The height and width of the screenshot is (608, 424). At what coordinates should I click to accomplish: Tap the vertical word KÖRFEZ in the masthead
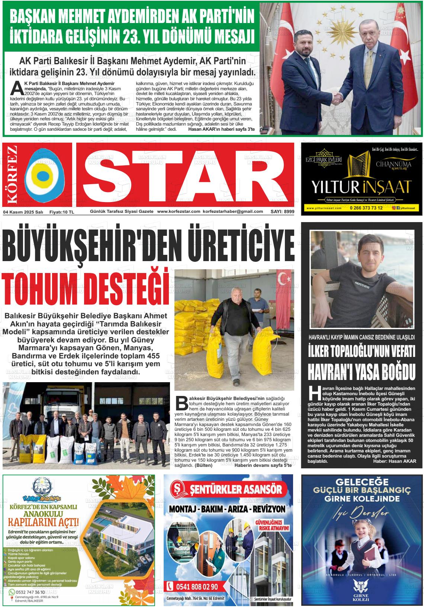click(12, 175)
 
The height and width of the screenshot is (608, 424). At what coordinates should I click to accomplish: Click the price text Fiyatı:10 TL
click(62, 212)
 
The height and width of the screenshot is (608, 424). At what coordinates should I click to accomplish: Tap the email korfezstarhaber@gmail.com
click(233, 211)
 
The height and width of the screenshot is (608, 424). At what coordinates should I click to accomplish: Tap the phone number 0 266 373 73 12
click(366, 208)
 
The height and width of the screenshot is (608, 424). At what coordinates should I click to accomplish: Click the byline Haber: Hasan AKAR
click(395, 461)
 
